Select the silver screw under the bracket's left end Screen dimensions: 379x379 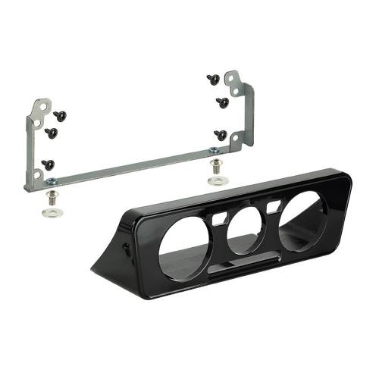(x=52, y=198)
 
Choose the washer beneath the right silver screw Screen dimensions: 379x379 (x=218, y=179)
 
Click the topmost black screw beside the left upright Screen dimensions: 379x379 (x=60, y=115)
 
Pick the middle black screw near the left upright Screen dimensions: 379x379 (x=52, y=133)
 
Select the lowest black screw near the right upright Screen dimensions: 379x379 (x=220, y=134)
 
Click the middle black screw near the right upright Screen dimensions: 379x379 (x=221, y=101)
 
